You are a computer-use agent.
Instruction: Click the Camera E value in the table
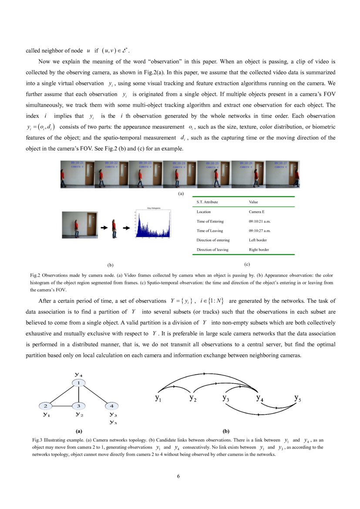256,212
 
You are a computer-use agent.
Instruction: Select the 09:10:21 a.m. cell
259,221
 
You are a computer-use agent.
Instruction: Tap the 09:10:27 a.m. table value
259,231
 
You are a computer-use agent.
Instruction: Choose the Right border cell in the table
259,250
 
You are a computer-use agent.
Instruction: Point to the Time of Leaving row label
210,231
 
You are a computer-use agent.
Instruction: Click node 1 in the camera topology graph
79,383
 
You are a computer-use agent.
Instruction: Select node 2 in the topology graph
45,406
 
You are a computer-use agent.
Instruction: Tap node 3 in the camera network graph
78,406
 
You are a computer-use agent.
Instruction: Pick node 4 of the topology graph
111,406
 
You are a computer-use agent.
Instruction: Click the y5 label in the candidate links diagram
297,398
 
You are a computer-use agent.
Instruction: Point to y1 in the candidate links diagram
158,398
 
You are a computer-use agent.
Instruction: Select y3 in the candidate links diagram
225,398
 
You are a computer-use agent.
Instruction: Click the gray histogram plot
152,223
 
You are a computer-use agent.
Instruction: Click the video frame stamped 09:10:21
77,174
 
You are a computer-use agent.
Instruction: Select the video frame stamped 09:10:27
283,174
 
